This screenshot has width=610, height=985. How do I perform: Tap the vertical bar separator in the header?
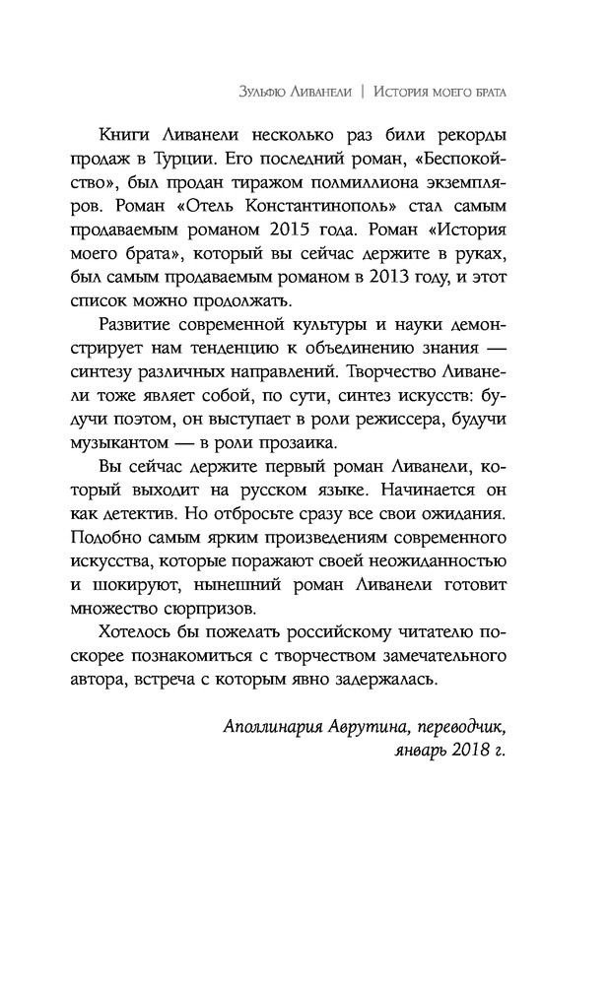[x=364, y=92]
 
